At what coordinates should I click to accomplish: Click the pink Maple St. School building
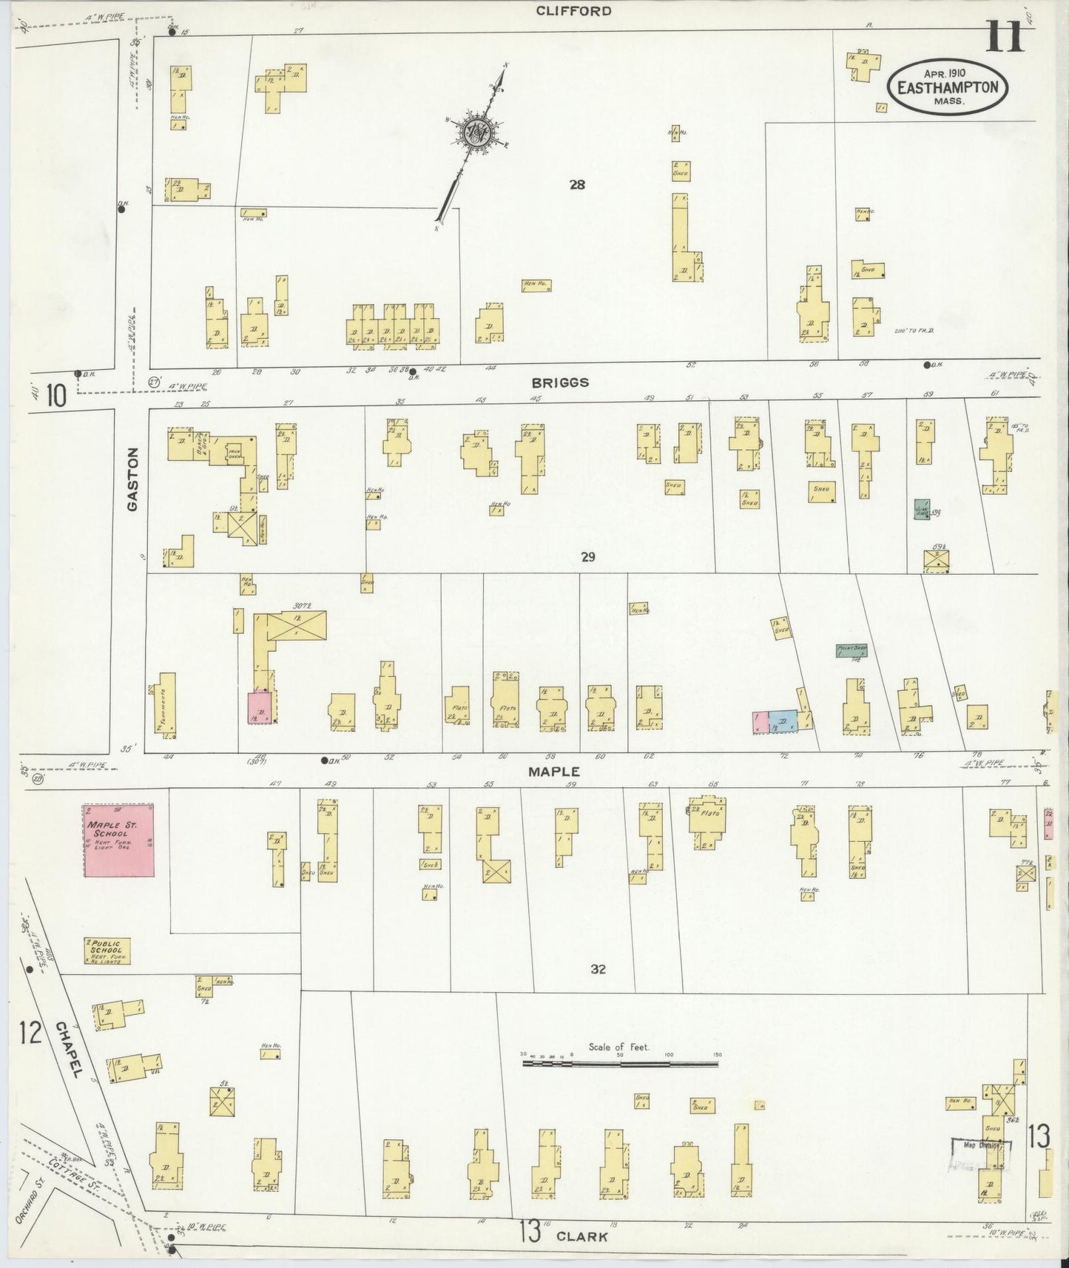[x=119, y=840]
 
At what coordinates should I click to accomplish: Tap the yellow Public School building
[x=108, y=951]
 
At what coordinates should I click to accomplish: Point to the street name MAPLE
[x=553, y=771]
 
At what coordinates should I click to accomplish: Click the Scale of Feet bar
[x=620, y=1064]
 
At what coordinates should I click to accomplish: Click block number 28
[x=577, y=185]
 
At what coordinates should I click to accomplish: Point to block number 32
[x=598, y=968]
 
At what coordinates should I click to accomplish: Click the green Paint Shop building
[x=851, y=650]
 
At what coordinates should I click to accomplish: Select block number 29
[x=587, y=557]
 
